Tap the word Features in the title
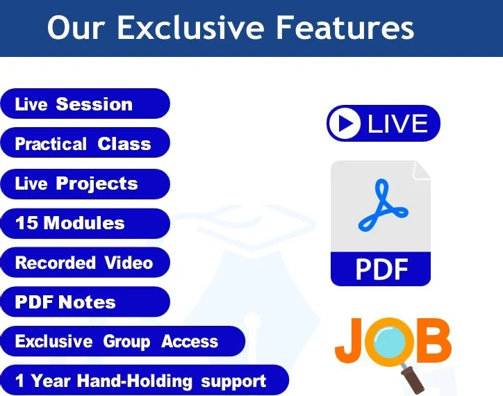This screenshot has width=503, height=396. pos(345,28)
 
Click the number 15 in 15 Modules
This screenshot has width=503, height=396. pos(26,223)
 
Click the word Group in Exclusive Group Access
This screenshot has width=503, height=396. pos(126,342)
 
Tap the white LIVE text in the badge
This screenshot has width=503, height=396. pos(397,124)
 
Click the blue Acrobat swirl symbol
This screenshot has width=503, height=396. pos(379,206)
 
